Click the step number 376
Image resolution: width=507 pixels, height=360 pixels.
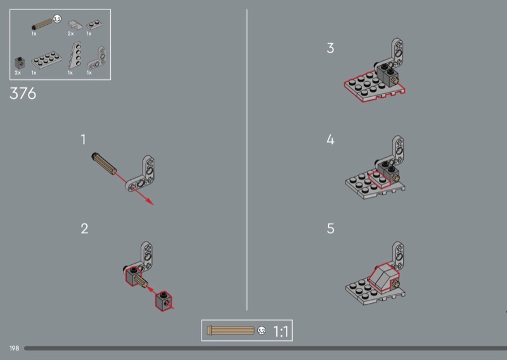(23, 93)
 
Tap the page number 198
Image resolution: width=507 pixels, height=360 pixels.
(14, 349)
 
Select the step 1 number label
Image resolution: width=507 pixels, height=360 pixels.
(83, 139)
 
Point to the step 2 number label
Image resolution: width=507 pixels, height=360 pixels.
(84, 229)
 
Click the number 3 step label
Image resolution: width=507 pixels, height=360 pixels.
(330, 48)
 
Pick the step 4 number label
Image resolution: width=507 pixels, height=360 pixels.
(330, 139)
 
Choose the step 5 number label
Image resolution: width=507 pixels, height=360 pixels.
(330, 229)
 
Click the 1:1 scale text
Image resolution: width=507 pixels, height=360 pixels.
(281, 331)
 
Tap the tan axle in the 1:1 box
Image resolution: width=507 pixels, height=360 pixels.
(231, 330)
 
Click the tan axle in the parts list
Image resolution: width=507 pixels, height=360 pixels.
(42, 24)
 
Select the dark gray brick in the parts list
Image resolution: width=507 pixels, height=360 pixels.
(20, 63)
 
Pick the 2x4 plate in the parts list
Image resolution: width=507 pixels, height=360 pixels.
(46, 60)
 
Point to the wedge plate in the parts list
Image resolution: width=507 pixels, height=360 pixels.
(75, 55)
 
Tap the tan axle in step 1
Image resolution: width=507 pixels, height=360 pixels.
(104, 164)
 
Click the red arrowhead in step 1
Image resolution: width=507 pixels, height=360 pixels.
(150, 202)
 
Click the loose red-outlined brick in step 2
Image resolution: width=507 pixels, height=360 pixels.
(164, 301)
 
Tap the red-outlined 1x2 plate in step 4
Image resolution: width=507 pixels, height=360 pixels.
(378, 179)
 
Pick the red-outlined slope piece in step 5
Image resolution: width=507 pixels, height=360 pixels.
(383, 278)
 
